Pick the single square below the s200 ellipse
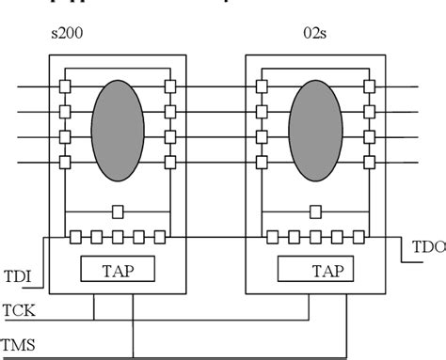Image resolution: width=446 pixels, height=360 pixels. click(x=118, y=211)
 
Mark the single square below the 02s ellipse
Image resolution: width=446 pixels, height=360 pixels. click(x=315, y=211)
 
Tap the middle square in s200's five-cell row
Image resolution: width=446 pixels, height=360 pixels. click(x=118, y=236)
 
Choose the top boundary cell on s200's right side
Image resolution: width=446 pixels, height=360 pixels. click(x=168, y=88)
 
